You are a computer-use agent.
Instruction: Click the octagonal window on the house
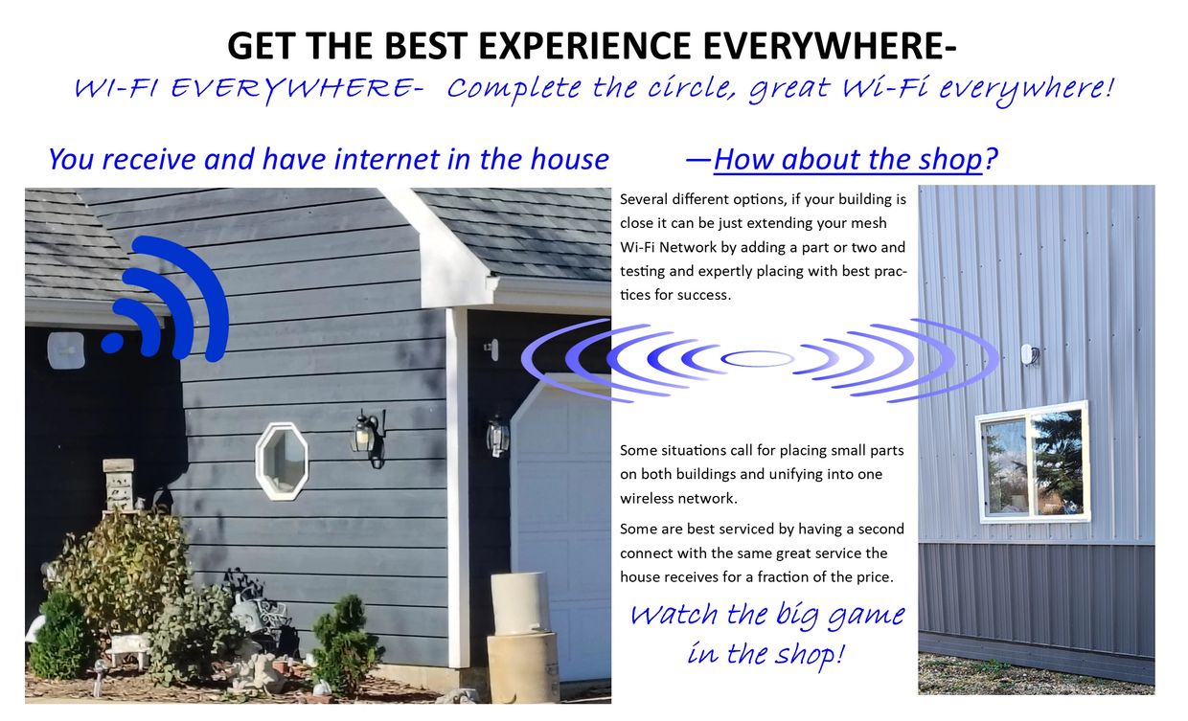[x=282, y=462]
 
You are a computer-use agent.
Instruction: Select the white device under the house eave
[x=66, y=349]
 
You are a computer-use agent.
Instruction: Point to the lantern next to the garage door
[x=497, y=435]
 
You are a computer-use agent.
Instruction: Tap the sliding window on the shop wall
[x=1033, y=462]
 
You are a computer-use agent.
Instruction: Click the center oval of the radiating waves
[x=757, y=359]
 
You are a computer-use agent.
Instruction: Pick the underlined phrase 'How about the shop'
[x=848, y=159]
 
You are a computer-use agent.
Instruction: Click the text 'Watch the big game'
[x=766, y=614]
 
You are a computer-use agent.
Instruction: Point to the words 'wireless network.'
[x=679, y=499]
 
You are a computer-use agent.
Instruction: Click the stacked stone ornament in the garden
[x=118, y=484]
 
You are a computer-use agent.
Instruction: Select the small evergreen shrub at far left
[x=60, y=636]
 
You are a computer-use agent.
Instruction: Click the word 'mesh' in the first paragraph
[x=871, y=224]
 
